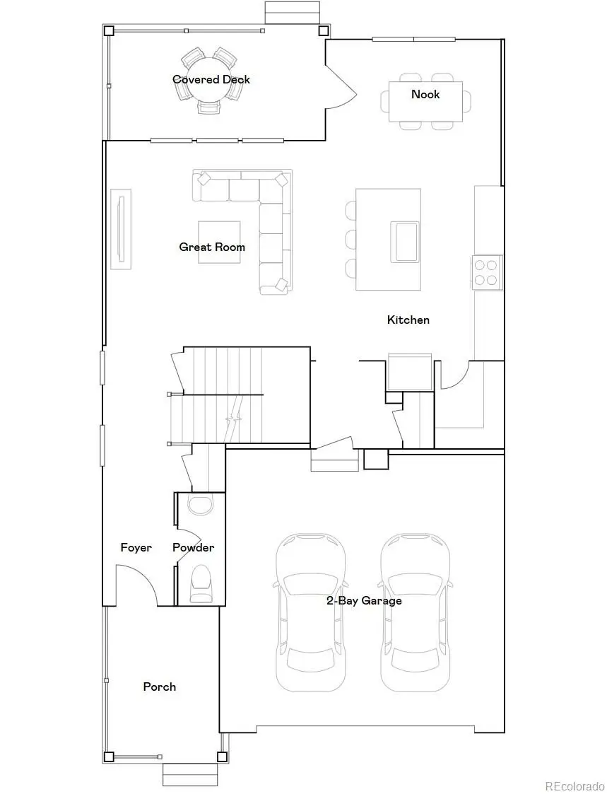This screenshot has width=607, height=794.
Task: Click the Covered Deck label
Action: click(x=211, y=79)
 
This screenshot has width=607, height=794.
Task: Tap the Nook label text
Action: click(x=425, y=94)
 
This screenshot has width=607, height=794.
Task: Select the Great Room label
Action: click(x=212, y=247)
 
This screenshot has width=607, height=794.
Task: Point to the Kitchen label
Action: click(x=408, y=320)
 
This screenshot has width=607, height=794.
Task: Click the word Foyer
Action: click(x=136, y=547)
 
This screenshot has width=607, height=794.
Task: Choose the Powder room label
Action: click(x=193, y=547)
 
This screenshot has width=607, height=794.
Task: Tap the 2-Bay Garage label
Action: click(x=363, y=600)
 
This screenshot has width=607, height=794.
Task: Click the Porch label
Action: click(x=160, y=687)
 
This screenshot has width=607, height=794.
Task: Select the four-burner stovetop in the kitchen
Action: click(x=486, y=272)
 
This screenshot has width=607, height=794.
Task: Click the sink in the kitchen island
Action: click(x=406, y=241)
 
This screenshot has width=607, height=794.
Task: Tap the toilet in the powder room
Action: click(x=201, y=583)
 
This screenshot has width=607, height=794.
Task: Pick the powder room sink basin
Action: click(x=201, y=506)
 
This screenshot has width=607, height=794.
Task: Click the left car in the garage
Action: click(x=311, y=612)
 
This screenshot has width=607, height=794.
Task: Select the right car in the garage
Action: click(x=416, y=612)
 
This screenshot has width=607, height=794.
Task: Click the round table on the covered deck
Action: click(x=211, y=79)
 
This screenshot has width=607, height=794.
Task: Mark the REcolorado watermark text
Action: click(x=573, y=786)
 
